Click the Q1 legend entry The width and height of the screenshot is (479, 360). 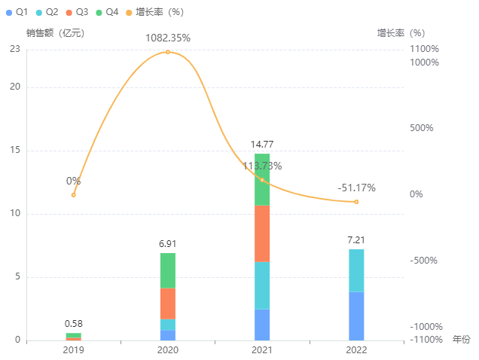coord(16,12)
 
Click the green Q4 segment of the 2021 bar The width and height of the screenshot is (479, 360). coord(262,179)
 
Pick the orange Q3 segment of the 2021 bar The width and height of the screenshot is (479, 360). coord(262,233)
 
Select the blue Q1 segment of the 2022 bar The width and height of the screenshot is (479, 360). coord(356,316)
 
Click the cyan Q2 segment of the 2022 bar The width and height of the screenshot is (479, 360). coord(356,270)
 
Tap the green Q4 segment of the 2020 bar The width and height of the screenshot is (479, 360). coord(168,270)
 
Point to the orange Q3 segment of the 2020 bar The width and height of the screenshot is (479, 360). coord(168,304)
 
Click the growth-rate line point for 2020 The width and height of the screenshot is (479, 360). coord(168,52)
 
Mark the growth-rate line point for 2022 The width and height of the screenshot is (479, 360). coord(356,202)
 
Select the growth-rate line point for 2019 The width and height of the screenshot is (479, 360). coord(74,195)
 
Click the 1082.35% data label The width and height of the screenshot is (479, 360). coord(168,37)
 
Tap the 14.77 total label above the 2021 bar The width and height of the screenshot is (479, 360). coord(262,144)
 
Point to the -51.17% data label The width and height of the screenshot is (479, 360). coord(356,188)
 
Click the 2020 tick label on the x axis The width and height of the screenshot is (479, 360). coord(168,350)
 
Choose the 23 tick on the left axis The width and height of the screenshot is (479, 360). coord(16,49)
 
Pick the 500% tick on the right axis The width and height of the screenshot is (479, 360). coord(422,128)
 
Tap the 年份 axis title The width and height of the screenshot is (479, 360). coord(461,340)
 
